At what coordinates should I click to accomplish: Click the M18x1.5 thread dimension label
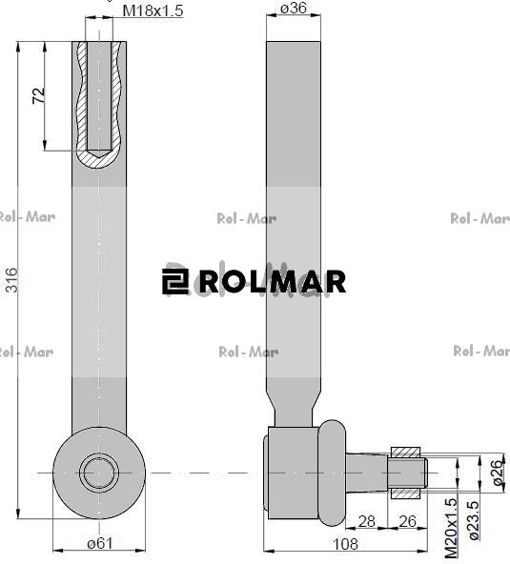click(153, 10)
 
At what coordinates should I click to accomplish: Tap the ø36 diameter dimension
click(294, 10)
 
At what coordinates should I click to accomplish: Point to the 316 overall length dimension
click(10, 280)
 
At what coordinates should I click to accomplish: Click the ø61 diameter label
click(100, 543)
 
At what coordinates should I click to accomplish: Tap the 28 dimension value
click(367, 520)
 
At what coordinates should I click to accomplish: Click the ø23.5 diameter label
click(475, 526)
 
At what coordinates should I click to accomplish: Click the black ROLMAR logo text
click(272, 282)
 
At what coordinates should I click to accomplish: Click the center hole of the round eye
click(97, 472)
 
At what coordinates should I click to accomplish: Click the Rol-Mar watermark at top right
click(479, 218)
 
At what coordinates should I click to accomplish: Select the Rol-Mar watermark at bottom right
click(479, 352)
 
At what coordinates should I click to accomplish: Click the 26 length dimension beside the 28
click(408, 520)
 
